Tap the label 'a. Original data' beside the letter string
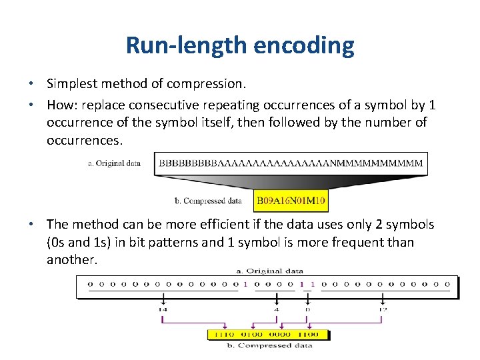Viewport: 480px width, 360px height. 114,163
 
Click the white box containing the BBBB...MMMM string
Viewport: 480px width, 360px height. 291,163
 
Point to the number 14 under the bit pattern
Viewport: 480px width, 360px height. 163,309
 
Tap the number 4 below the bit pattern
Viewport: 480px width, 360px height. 277,309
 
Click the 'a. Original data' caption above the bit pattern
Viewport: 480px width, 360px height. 270,271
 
